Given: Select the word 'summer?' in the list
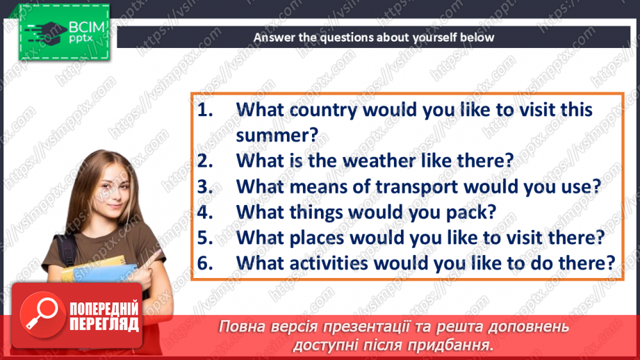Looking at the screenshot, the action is (x=277, y=135).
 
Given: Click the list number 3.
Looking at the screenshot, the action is (x=205, y=187).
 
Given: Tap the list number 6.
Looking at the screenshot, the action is (x=205, y=263).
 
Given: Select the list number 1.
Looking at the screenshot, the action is (x=204, y=111).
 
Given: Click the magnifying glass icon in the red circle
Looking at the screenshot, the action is (x=41, y=314).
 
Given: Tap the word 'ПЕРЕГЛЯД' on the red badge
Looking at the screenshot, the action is (x=104, y=324).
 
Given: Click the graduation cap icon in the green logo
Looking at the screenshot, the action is (x=48, y=33).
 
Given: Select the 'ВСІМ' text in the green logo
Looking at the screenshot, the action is (x=87, y=27).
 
